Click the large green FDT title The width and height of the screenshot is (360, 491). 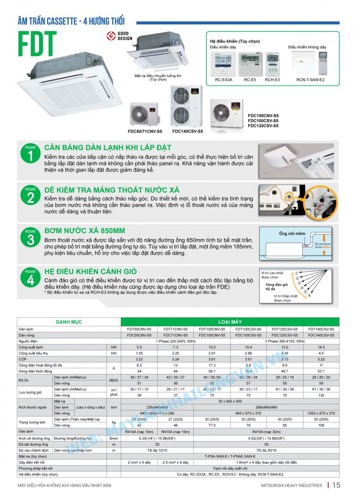(37, 44)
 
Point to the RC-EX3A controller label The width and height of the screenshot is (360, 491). (224, 80)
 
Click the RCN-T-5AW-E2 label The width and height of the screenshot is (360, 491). (310, 80)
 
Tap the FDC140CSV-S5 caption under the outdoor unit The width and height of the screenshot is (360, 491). (187, 131)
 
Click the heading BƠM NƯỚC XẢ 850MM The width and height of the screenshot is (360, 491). (85, 231)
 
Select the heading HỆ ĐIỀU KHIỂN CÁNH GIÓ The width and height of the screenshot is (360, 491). (91, 271)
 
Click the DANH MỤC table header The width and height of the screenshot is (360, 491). (69, 322)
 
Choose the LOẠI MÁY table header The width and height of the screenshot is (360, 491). (230, 322)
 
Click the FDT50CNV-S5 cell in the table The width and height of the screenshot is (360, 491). (139, 329)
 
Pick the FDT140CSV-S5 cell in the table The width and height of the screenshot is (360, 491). (321, 329)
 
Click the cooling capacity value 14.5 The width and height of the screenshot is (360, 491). (321, 347)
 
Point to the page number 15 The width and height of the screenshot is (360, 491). (336, 485)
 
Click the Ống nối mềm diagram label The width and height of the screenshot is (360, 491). (292, 234)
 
